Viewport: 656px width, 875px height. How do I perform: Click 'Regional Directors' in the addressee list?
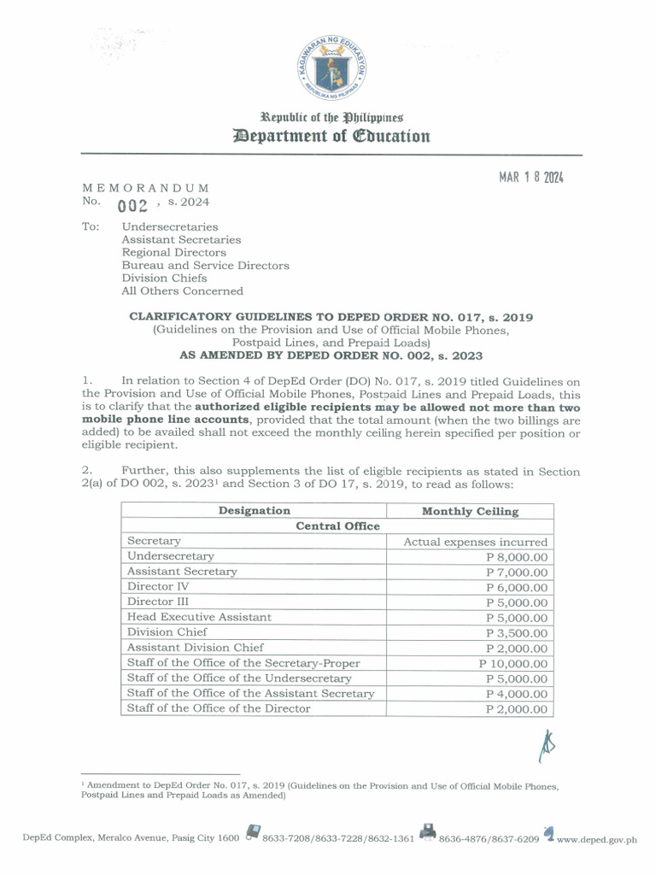(173, 253)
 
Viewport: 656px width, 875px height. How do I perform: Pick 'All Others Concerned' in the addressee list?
(182, 291)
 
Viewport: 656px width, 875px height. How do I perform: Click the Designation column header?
(254, 511)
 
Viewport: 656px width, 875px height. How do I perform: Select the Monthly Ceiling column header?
(470, 511)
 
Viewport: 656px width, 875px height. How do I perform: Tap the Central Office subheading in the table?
(337, 526)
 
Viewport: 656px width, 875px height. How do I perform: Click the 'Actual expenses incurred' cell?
(476, 542)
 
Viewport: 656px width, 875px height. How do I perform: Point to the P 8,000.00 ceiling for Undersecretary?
(516, 557)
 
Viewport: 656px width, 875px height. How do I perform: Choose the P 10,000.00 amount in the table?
(513, 663)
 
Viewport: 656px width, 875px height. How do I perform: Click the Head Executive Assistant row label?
(199, 617)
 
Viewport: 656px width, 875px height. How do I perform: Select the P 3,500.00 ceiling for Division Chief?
(516, 633)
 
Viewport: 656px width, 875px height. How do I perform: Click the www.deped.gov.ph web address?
(597, 839)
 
